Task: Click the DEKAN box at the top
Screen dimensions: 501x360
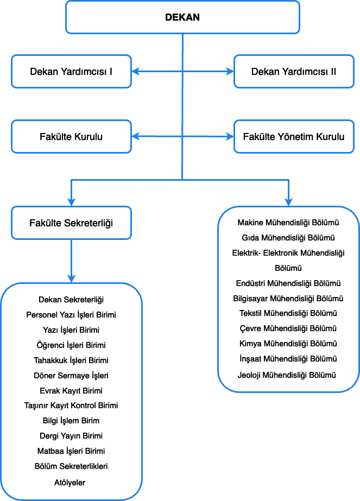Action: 182,17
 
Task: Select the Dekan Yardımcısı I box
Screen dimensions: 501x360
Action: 71,71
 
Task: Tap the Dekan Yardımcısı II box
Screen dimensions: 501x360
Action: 294,71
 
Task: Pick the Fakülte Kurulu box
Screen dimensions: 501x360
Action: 71,137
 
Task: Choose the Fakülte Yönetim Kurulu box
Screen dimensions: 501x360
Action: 294,137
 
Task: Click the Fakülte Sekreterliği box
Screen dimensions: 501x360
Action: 71,223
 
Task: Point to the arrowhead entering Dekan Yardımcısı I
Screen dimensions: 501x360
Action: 135,71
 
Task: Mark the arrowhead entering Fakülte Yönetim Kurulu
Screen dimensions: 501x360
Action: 230,137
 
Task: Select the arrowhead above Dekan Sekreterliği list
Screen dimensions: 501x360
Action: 71,278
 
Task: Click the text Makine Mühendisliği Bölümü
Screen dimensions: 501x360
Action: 288,223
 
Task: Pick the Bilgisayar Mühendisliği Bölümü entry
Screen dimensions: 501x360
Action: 288,299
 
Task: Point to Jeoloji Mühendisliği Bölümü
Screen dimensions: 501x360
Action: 288,375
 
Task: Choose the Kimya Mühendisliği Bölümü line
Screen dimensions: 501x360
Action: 288,344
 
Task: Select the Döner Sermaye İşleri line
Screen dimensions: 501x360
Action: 71,376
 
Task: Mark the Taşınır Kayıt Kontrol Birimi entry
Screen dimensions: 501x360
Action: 71,405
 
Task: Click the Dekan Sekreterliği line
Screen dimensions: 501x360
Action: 71,300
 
